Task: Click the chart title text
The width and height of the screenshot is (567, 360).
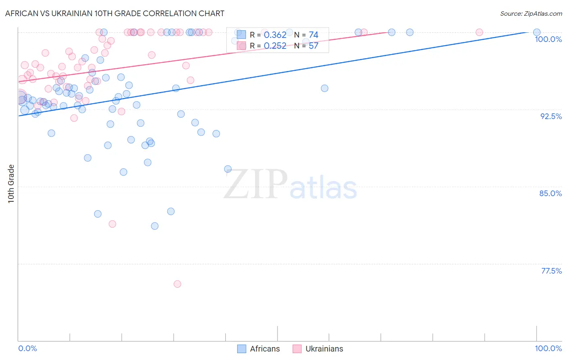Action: click(x=115, y=13)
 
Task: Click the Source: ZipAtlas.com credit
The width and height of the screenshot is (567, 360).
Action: click(x=531, y=13)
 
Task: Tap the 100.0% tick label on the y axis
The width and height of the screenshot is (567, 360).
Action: click(x=548, y=39)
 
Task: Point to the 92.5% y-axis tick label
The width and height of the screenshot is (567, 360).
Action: click(x=551, y=116)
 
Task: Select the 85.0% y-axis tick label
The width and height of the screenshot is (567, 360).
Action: click(x=550, y=193)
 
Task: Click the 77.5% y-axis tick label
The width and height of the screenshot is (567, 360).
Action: click(x=551, y=271)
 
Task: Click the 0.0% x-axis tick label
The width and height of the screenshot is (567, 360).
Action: click(x=27, y=348)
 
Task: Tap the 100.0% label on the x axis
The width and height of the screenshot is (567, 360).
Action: click(x=548, y=348)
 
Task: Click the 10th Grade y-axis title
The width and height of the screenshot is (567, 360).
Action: click(x=11, y=184)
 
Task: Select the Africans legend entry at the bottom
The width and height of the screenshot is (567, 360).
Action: click(x=258, y=349)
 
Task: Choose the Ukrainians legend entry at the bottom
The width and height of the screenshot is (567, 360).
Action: click(x=318, y=349)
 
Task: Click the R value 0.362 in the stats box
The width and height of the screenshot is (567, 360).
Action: click(x=275, y=35)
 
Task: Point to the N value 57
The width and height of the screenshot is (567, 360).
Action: click(x=313, y=46)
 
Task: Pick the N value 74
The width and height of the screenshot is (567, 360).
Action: click(x=313, y=35)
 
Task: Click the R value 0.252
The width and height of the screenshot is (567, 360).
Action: click(x=275, y=46)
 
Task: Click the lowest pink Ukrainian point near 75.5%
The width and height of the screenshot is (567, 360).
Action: click(x=177, y=284)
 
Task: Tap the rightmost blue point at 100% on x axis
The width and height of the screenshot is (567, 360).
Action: click(x=537, y=32)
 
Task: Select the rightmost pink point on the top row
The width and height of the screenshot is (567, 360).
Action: click(x=479, y=32)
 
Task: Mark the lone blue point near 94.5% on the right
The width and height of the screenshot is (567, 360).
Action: click(x=325, y=88)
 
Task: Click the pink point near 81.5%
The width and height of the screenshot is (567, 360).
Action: click(x=113, y=224)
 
